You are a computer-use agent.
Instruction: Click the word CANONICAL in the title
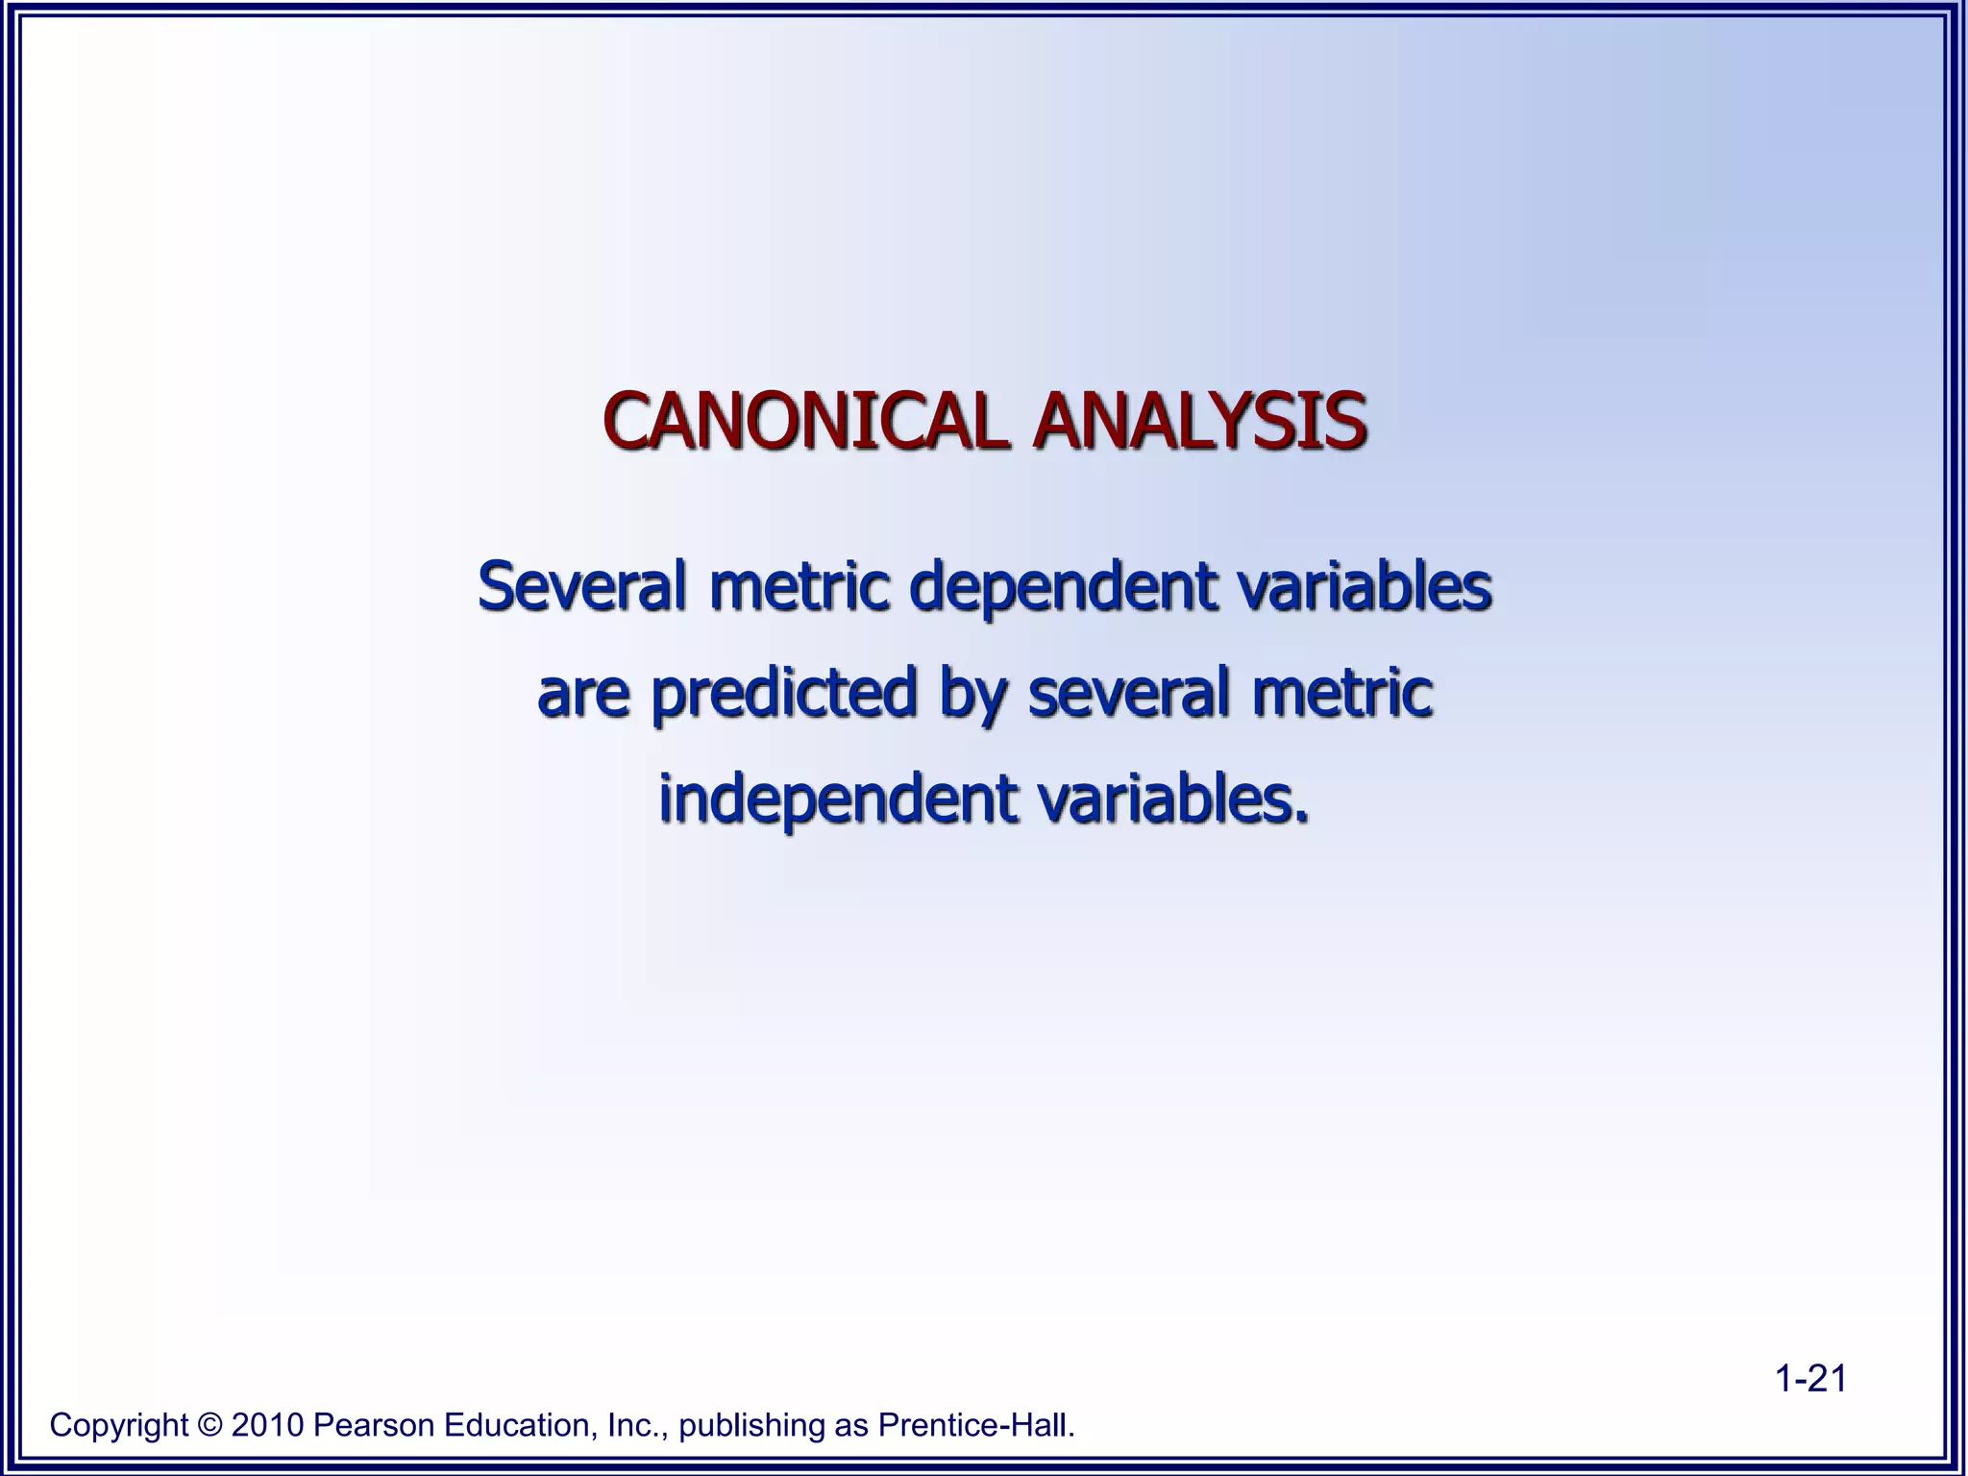[805, 421]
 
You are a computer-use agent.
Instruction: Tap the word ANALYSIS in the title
[1199, 421]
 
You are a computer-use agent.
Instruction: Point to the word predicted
[783, 693]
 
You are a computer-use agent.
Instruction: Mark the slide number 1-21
[1810, 1379]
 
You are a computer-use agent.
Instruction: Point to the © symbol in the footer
[209, 1425]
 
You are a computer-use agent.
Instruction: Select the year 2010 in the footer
[267, 1425]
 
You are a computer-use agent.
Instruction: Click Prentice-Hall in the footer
[975, 1425]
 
